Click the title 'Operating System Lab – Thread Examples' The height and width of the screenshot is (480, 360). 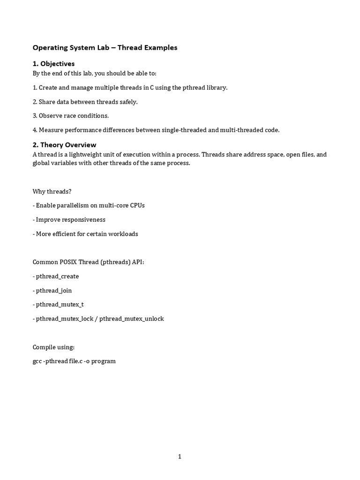pyautogui.click(x=105, y=47)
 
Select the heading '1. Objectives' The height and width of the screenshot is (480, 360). pyautogui.click(x=53, y=63)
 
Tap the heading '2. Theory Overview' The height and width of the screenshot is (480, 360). pyautogui.click(x=64, y=145)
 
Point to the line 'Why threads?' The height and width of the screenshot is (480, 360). pyautogui.click(x=52, y=191)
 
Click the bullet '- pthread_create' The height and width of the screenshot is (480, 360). pyautogui.click(x=56, y=276)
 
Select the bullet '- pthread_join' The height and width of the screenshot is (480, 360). pyautogui.click(x=52, y=291)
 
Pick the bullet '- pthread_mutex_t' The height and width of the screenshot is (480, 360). pyautogui.click(x=58, y=305)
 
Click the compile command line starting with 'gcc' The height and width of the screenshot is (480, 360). pyautogui.click(x=74, y=361)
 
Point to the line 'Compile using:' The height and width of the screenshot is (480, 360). pyautogui.click(x=53, y=347)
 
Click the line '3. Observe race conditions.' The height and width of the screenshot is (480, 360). pyautogui.click(x=70, y=116)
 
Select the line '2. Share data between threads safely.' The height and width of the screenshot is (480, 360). pyautogui.click(x=85, y=102)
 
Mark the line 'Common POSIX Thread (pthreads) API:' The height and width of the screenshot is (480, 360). pyautogui.click(x=88, y=262)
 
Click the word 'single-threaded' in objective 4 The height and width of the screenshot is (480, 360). pyautogui.click(x=184, y=130)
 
